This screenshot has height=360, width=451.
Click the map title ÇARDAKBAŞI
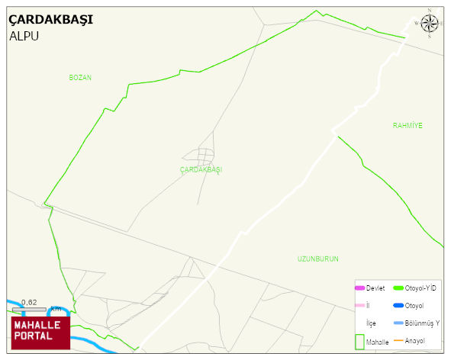pos(51,20)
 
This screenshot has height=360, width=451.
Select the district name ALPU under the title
pos(24,36)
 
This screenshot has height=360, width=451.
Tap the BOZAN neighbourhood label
pos(80,78)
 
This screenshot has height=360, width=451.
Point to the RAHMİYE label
pos(408,125)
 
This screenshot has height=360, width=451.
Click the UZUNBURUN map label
pos(317,259)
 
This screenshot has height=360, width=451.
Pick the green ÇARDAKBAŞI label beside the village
pos(201,169)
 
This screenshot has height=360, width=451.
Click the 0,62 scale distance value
pos(29,302)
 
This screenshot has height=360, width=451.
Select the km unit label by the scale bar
pos(56,309)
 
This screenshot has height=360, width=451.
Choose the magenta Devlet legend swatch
pos(360,288)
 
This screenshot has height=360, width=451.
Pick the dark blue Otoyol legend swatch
pos(398,305)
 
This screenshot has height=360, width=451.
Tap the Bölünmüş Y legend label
pos(422,323)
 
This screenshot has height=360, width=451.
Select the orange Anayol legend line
pos(398,339)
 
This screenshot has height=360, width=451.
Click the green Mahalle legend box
pos(359,342)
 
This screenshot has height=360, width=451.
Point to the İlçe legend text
pos(372,323)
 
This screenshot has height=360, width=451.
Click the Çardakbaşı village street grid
pos(205,157)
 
